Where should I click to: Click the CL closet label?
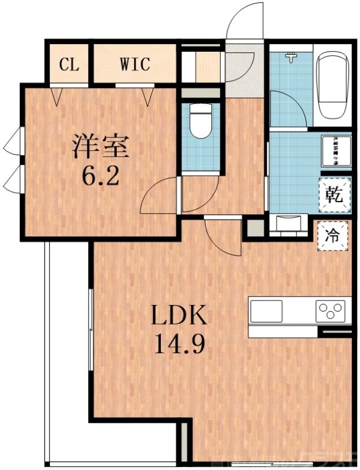click(x=69, y=63)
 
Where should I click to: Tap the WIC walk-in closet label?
click(x=136, y=63)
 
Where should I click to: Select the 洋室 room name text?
click(x=100, y=146)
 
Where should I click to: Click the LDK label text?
click(x=179, y=317)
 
